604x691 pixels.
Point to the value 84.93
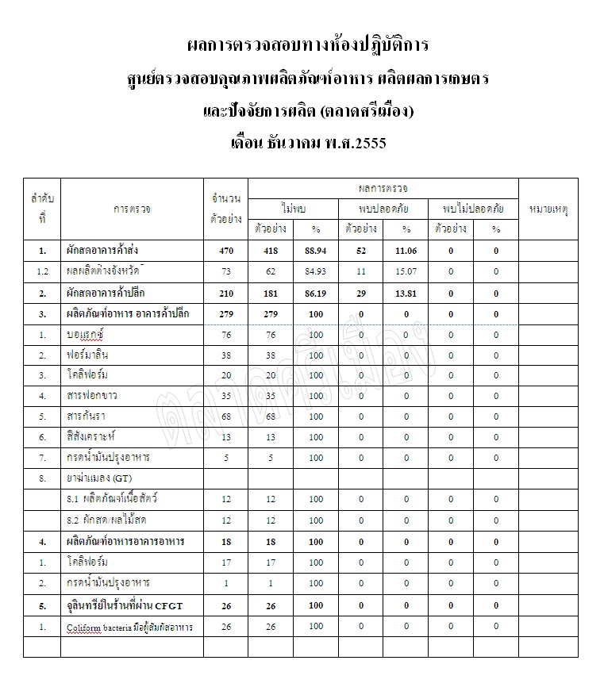316,271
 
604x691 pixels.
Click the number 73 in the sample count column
225,271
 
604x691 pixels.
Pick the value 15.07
406,271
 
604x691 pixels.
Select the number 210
225,293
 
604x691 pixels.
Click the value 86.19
316,293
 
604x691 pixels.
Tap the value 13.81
406,293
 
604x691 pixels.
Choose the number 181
271,293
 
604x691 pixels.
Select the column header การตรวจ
132,209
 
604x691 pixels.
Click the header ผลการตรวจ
383,188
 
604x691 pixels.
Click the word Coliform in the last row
83,627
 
